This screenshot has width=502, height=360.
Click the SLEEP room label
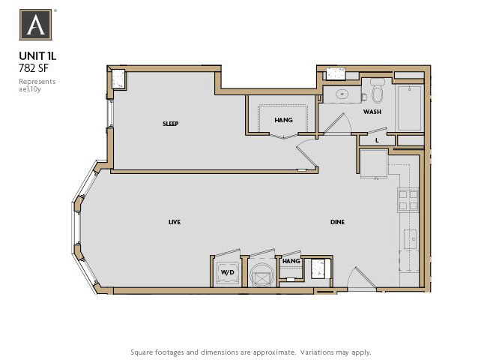point(170,124)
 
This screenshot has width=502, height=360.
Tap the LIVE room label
point(174,222)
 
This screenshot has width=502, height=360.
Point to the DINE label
point(338,222)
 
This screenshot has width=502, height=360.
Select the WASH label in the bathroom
point(372,112)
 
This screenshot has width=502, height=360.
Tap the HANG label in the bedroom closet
point(283,120)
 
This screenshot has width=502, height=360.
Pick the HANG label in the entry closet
point(291,261)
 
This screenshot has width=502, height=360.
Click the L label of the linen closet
point(377,139)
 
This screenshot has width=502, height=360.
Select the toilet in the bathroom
point(377,92)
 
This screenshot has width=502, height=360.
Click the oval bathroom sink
point(341,94)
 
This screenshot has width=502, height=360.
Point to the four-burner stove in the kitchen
point(407,199)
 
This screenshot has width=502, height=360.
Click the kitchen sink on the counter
point(409,239)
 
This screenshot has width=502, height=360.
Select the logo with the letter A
point(36,25)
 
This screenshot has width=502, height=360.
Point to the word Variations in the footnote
point(310,352)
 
